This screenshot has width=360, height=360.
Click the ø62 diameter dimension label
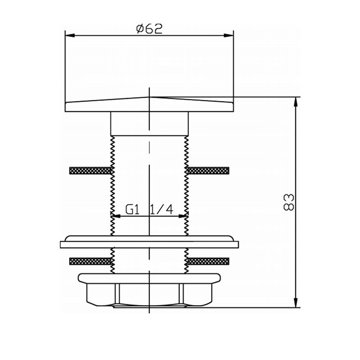pyautogui.click(x=149, y=29)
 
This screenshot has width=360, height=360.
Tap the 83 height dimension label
pyautogui.click(x=289, y=202)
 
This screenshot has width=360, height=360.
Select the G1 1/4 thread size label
pyautogui.click(x=149, y=209)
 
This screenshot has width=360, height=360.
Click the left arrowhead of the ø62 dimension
pyautogui.click(x=70, y=36)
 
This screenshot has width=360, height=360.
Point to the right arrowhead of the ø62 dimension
pyautogui.click(x=229, y=36)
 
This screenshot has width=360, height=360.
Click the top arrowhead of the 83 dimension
pyautogui.click(x=296, y=102)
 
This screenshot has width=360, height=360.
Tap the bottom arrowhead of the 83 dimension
pyautogui.click(x=296, y=302)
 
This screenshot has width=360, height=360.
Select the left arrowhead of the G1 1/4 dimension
pyautogui.click(x=116, y=216)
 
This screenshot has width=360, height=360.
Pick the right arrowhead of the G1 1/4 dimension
pyautogui.click(x=184, y=216)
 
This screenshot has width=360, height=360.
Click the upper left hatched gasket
pyautogui.click(x=90, y=171)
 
